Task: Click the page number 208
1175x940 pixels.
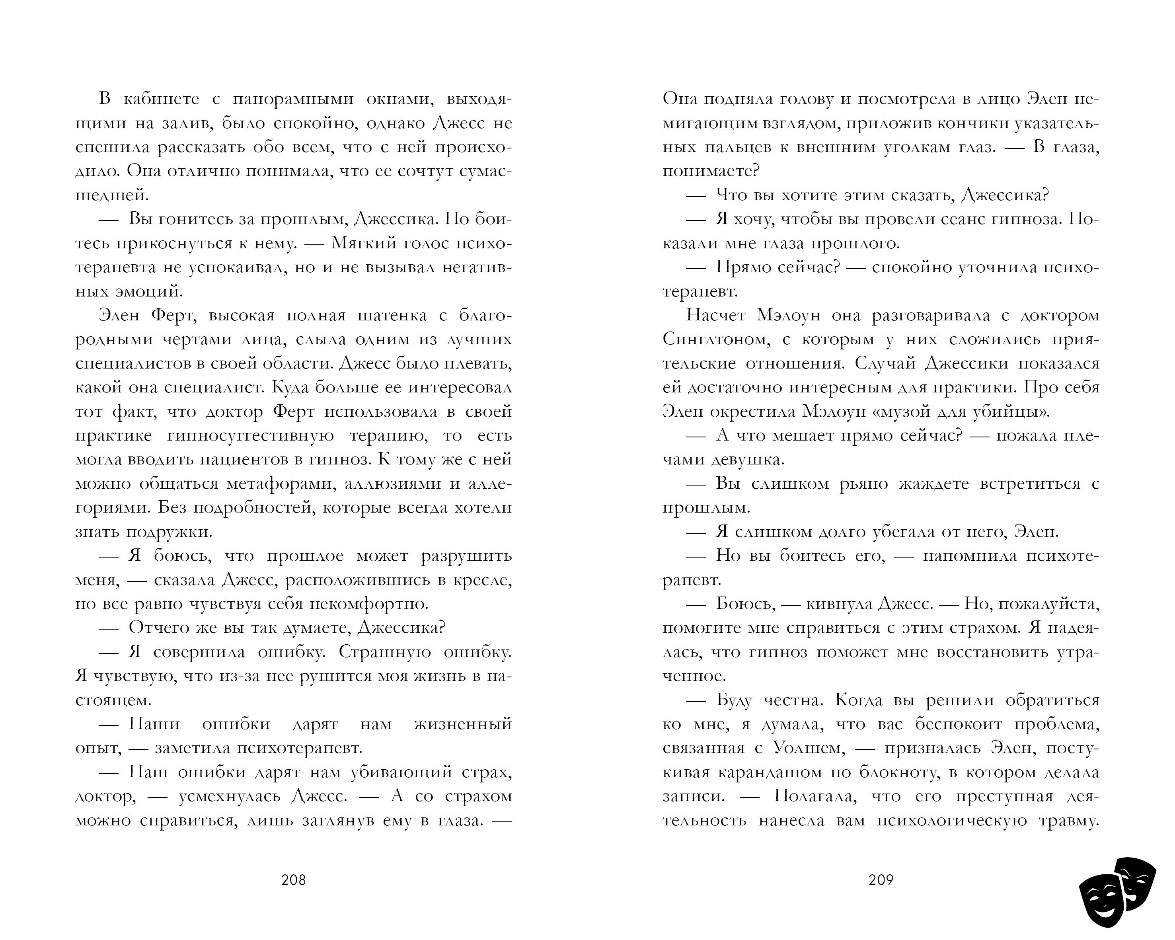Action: click(x=293, y=880)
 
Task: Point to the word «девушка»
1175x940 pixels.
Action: click(x=748, y=460)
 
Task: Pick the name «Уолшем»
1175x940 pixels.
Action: click(x=809, y=749)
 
